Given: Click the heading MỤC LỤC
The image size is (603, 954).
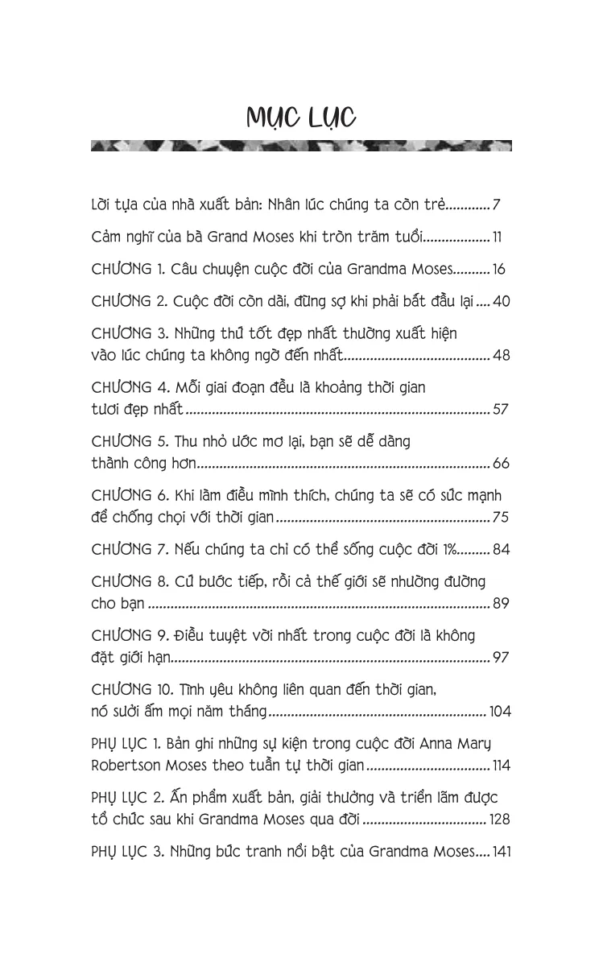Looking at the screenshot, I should pyautogui.click(x=301, y=118).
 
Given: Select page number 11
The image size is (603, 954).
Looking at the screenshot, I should pyautogui.click(x=498, y=237).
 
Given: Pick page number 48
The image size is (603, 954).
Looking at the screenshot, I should pyautogui.click(x=501, y=354).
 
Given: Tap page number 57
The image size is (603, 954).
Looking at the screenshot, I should pyautogui.click(x=501, y=409).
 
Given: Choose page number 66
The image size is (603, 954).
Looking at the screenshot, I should pyautogui.click(x=501, y=464).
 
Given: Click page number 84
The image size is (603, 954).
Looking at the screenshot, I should pyautogui.click(x=501, y=550).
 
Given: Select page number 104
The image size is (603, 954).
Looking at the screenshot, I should pyautogui.click(x=498, y=711).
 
